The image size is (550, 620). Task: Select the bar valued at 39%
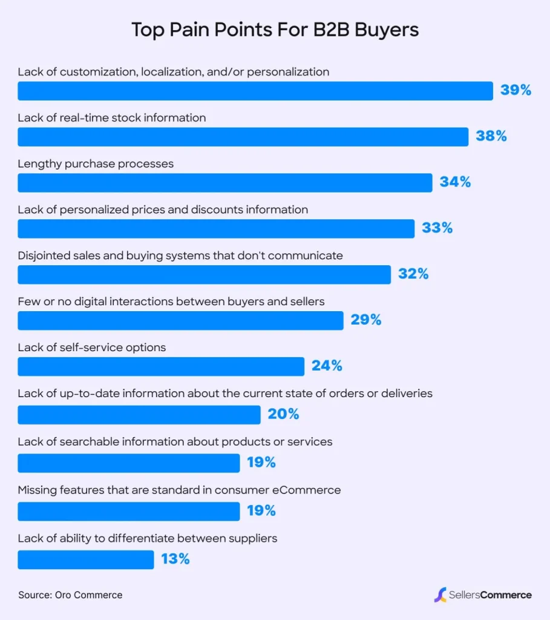point(255,91)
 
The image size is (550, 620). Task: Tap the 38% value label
point(491,136)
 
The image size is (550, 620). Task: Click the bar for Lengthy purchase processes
point(224,182)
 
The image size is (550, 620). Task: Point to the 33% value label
point(437,228)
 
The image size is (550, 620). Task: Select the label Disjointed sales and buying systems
point(180,256)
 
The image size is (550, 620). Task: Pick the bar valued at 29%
point(180,320)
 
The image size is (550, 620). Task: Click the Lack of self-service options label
point(91,348)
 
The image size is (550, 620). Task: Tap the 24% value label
point(327,366)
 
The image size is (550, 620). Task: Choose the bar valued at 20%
point(139,415)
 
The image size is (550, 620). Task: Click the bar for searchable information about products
point(128,463)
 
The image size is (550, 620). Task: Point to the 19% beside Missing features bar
point(261,510)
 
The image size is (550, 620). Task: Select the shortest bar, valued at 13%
point(85,559)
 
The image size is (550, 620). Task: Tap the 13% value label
point(175,559)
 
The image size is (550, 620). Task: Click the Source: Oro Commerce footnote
point(70,595)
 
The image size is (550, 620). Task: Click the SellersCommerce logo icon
point(440,595)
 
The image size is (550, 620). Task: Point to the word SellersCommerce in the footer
point(490,595)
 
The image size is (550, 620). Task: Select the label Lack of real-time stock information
point(111,117)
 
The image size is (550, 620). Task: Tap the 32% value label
point(413,274)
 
